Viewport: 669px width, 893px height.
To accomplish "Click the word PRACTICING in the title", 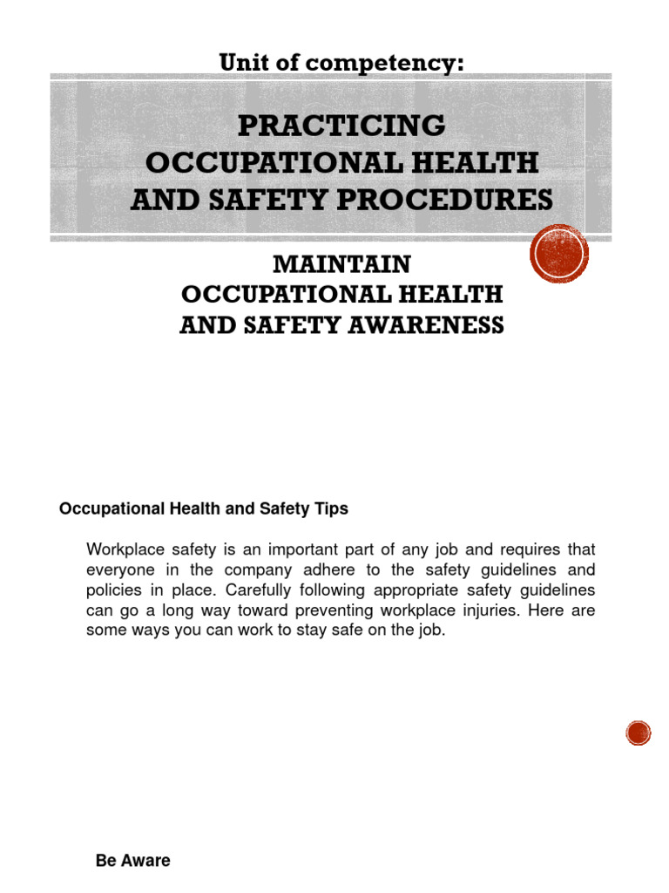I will pyautogui.click(x=341, y=126).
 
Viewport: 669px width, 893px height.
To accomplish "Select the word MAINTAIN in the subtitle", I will pyautogui.click(x=341, y=263).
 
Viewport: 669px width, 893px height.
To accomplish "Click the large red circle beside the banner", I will pyautogui.click(x=559, y=254).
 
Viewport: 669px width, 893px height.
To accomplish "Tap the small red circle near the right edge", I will pyautogui.click(x=639, y=733).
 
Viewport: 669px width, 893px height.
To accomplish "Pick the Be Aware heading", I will pyautogui.click(x=132, y=861).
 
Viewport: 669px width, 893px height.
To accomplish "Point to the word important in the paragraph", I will pyautogui.click(x=307, y=550).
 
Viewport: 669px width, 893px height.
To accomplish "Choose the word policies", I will pyautogui.click(x=113, y=590).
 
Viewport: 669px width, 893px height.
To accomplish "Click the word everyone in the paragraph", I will pyautogui.click(x=119, y=570).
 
